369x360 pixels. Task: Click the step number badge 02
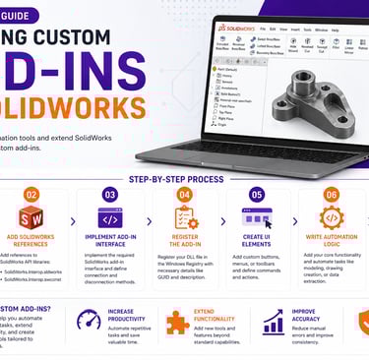(31, 195)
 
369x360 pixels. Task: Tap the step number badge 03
(110, 195)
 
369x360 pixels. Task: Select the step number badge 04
(184, 195)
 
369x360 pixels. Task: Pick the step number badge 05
(257, 195)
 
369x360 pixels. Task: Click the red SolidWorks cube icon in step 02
(31, 217)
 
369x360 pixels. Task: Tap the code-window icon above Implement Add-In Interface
(110, 217)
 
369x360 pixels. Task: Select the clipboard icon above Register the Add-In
(184, 217)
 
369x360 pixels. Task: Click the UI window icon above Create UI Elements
(257, 217)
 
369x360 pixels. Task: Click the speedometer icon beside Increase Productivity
(84, 319)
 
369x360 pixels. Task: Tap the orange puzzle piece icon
(177, 323)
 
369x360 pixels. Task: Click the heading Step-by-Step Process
(184, 178)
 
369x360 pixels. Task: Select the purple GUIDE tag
(21, 15)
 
